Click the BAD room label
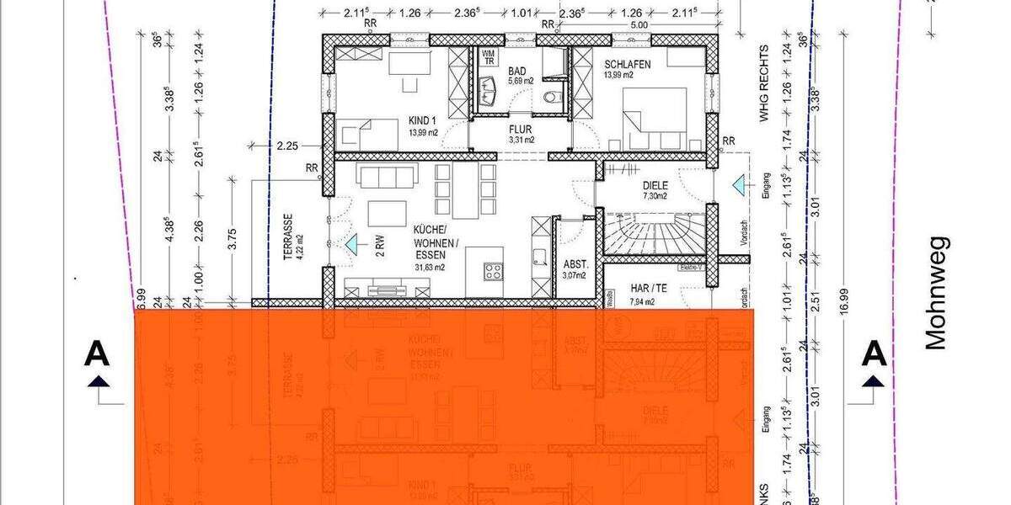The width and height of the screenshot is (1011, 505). tap(516, 70)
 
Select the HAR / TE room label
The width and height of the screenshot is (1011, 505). tap(648, 288)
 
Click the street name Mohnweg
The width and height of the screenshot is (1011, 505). tap(937, 292)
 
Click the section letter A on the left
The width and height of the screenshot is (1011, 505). tap(98, 355)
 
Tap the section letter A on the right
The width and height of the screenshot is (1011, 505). tap(875, 353)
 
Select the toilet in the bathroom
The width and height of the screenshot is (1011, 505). tap(553, 96)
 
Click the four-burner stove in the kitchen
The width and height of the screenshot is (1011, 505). tap(493, 271)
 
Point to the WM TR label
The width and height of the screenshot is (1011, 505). tap(487, 57)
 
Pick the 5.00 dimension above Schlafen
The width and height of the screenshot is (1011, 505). tap(639, 24)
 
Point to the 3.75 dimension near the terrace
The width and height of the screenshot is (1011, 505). tap(233, 240)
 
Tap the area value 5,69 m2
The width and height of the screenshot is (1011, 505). tap(516, 82)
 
